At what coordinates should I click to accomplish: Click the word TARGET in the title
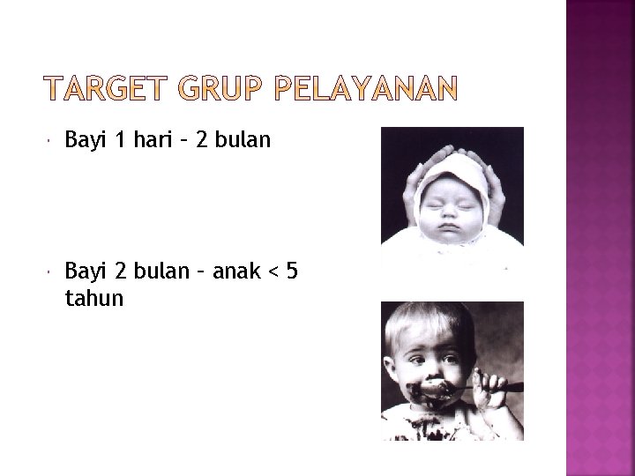coord(106,89)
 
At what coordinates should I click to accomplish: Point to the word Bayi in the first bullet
coord(85,142)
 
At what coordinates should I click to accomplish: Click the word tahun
coord(94,300)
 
